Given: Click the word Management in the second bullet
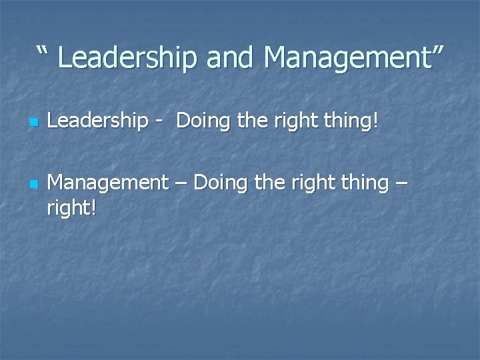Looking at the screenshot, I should click(108, 182).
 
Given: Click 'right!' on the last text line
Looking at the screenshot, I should click(71, 207).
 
